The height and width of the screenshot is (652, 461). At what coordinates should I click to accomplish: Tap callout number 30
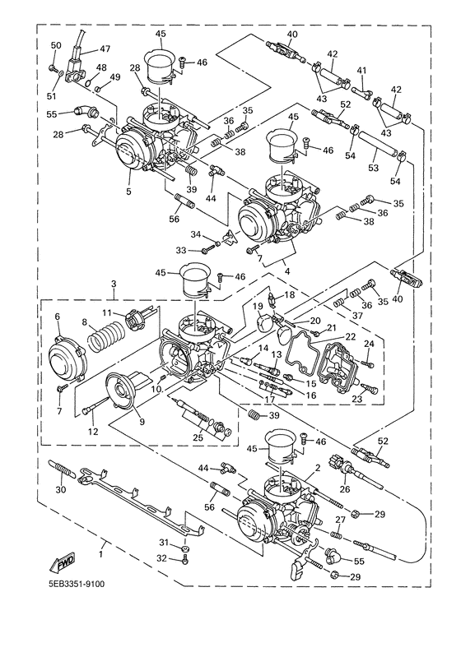pyautogui.click(x=58, y=490)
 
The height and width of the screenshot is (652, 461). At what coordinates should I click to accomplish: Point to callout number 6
pyautogui.click(x=58, y=317)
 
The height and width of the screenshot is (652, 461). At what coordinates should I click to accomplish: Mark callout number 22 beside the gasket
pyautogui.click(x=349, y=336)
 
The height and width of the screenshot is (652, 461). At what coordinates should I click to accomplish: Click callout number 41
pyautogui.click(x=361, y=72)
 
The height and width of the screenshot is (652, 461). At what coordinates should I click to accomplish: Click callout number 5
pyautogui.click(x=128, y=192)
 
